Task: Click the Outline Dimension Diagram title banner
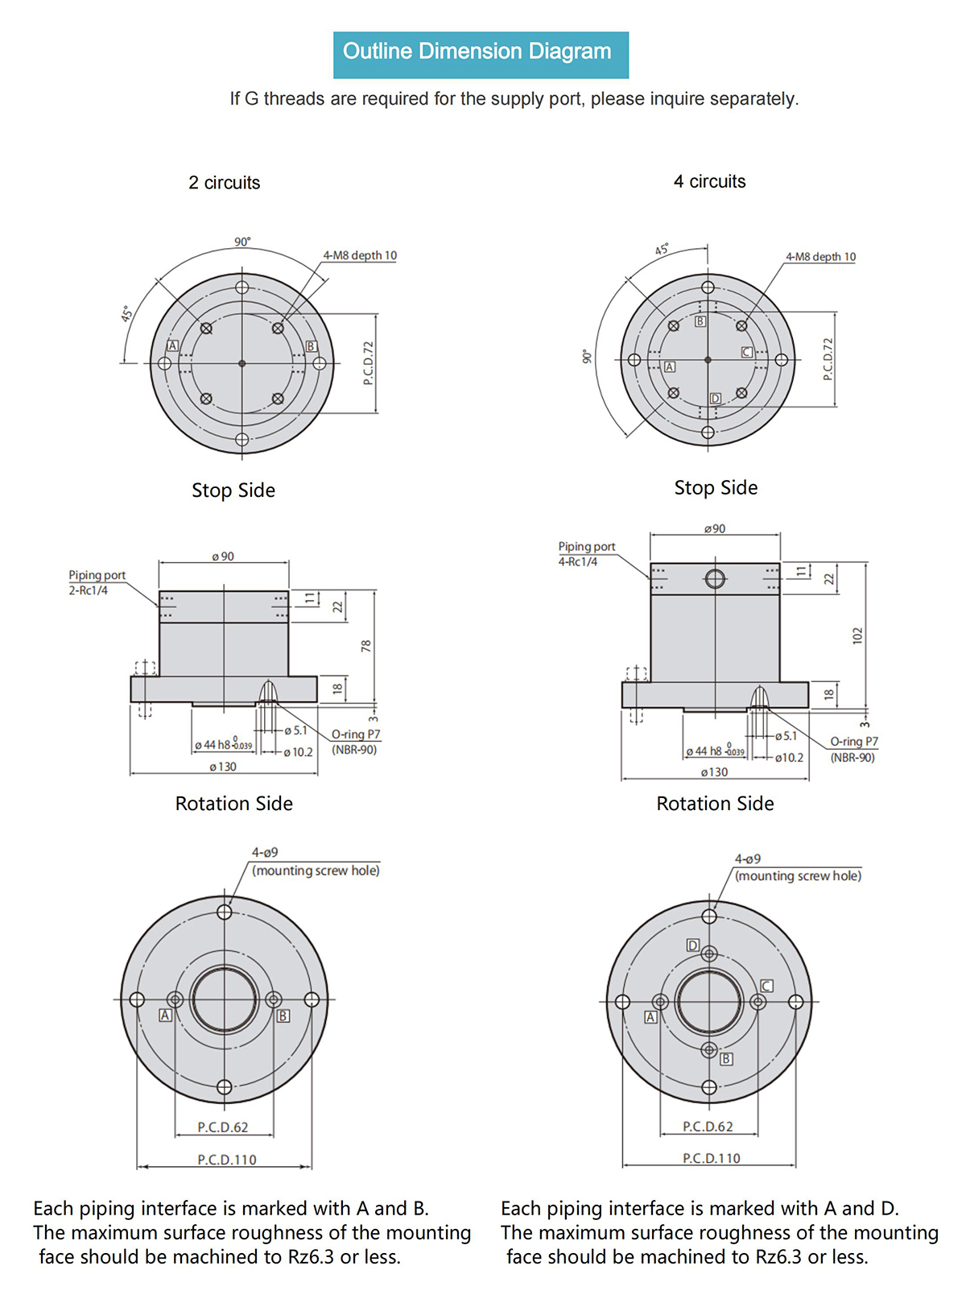click(x=481, y=55)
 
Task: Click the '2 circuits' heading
click(x=224, y=183)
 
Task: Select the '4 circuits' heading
click(x=709, y=181)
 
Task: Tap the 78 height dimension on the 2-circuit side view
click(x=365, y=646)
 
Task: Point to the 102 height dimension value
click(x=857, y=635)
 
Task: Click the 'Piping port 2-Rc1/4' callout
click(x=97, y=583)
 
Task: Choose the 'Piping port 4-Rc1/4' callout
click(x=587, y=554)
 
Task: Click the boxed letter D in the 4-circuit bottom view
click(x=693, y=945)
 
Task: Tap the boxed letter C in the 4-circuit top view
click(x=746, y=352)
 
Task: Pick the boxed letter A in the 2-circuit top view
click(x=172, y=345)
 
